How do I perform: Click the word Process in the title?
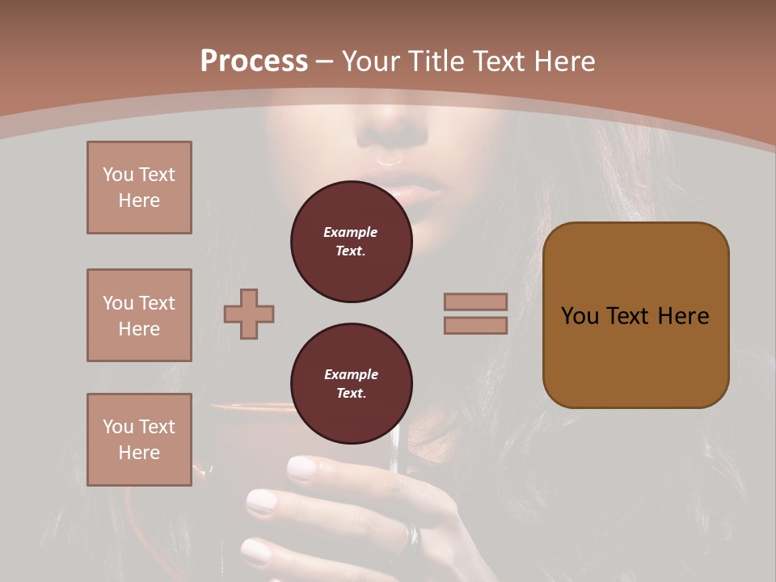click(254, 61)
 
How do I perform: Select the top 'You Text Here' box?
click(139, 188)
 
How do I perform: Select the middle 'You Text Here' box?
click(139, 315)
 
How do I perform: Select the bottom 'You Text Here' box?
click(139, 440)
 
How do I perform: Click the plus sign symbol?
click(249, 314)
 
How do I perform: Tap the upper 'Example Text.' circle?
click(352, 242)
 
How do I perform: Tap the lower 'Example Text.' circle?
click(352, 384)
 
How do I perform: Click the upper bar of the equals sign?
click(475, 302)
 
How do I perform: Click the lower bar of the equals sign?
click(475, 325)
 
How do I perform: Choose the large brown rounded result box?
click(635, 315)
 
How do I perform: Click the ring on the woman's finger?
click(414, 534)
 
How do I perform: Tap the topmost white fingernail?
click(303, 468)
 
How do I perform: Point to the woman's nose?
click(396, 129)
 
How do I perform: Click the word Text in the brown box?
click(627, 316)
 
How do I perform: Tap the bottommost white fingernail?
click(257, 551)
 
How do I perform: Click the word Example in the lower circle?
click(351, 375)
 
